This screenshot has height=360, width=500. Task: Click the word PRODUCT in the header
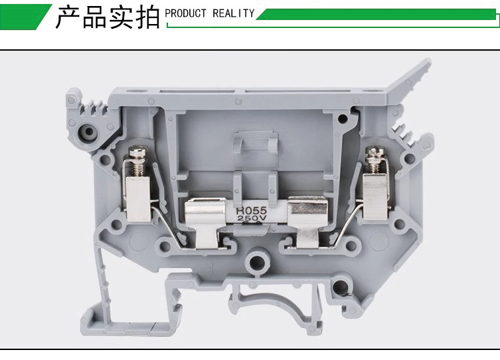point(185,13)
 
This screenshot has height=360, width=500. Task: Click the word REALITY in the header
point(233,13)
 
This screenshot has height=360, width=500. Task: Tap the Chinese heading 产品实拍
point(107,17)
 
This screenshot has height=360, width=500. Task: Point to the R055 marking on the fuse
point(251,211)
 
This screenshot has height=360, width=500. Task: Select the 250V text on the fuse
point(251,218)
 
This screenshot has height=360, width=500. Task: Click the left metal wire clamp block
point(139,199)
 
